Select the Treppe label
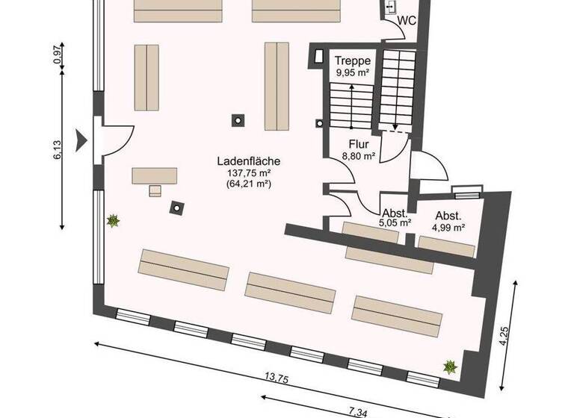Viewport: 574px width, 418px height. (x=352, y=61)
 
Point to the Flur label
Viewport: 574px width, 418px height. (x=358, y=145)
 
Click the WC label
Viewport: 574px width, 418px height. (x=407, y=21)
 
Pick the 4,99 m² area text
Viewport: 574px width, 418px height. (x=450, y=228)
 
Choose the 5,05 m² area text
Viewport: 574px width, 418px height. (x=395, y=222)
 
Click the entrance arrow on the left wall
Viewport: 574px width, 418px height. (x=83, y=139)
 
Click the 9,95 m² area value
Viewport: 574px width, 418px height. (x=352, y=72)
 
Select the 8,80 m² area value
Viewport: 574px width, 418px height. (x=358, y=157)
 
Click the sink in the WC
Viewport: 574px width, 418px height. (x=392, y=7)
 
